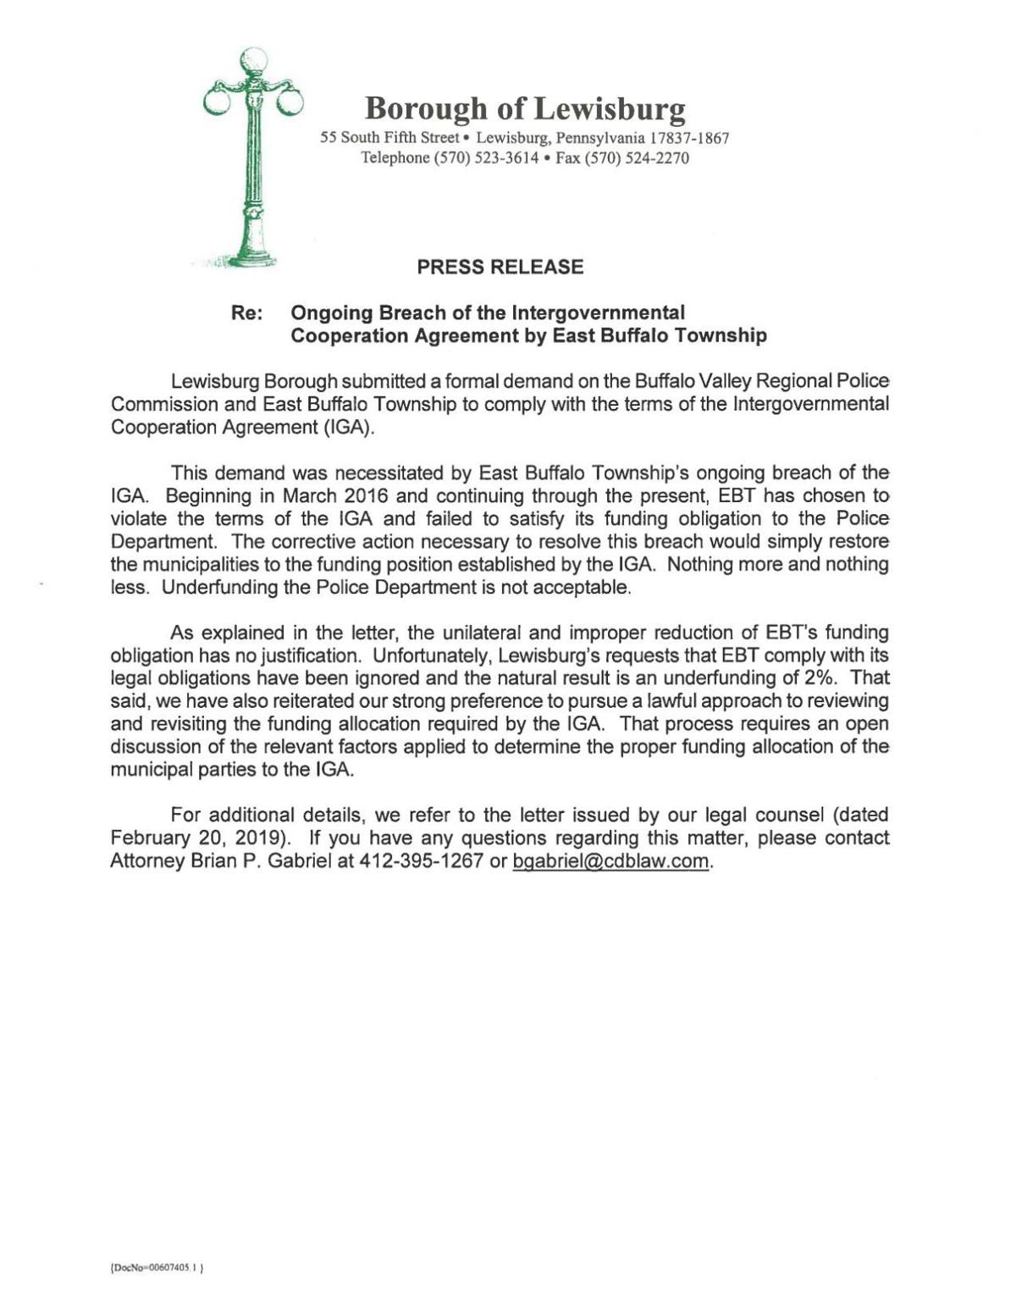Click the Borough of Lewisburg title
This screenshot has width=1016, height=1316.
pos(525,108)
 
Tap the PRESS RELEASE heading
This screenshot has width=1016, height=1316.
pos(500,268)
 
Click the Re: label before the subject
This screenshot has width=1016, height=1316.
pos(246,314)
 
